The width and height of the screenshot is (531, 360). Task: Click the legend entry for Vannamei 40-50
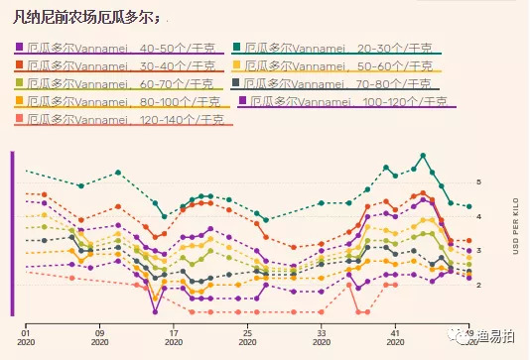(119, 48)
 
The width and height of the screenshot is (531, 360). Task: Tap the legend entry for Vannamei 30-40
(119, 65)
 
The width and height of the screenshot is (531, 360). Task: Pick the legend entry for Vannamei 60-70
(119, 83)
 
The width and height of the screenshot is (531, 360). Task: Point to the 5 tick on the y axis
(478, 182)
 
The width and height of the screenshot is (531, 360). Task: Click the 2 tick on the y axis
(478, 286)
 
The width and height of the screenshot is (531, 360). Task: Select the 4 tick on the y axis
(478, 217)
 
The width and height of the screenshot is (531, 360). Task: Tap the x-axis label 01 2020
(26, 338)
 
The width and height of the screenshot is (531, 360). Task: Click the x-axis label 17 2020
(174, 338)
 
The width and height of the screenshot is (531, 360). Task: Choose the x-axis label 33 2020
(321, 338)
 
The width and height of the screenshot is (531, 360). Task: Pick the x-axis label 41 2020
(395, 338)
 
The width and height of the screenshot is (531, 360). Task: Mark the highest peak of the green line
(423, 155)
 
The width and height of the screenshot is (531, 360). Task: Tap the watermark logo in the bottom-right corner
(484, 337)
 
